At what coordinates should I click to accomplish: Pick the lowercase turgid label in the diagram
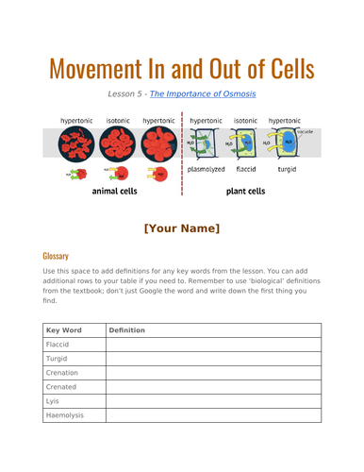pos(283,171)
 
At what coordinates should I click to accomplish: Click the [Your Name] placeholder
pos(182,228)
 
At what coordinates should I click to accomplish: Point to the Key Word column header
pos(65,330)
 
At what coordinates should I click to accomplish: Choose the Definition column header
pos(126,330)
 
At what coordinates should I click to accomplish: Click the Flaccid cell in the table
pos(58,345)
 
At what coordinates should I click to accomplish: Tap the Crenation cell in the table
pos(62,373)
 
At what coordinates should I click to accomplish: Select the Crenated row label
pos(62,387)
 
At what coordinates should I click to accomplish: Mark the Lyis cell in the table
pos(53,401)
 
